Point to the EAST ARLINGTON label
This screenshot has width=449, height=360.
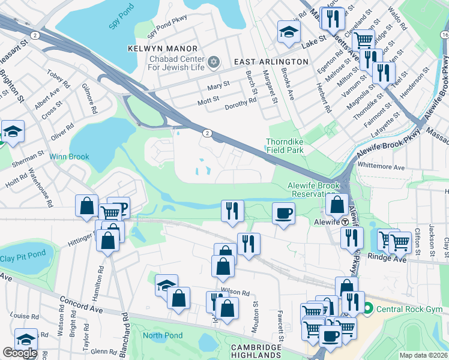[271, 62]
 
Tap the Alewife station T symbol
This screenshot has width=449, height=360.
[346, 221]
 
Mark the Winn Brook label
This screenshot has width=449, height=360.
[69, 157]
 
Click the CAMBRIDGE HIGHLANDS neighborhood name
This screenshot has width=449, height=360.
[256, 352]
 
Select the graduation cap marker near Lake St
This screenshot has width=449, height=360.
[289, 32]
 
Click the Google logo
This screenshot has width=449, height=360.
[19, 353]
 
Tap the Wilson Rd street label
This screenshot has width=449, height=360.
[235, 292]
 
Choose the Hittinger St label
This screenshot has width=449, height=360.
[81, 239]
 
